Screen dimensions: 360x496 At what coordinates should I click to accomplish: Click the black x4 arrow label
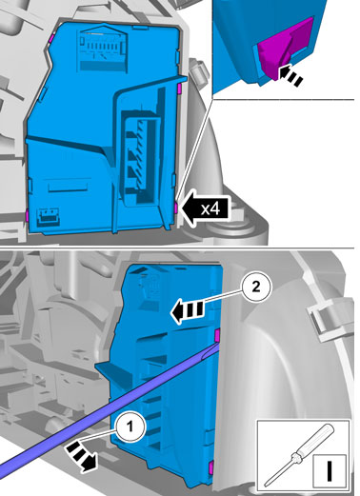click(x=205, y=208)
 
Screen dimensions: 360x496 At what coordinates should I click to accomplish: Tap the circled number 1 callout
click(x=130, y=427)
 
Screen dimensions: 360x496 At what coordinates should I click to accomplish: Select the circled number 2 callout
click(x=256, y=288)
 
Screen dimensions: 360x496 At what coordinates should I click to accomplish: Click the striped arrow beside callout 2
click(x=187, y=311)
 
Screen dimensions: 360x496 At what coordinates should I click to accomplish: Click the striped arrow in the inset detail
click(x=290, y=74)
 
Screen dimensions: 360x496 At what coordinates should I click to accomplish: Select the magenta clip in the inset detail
click(x=284, y=47)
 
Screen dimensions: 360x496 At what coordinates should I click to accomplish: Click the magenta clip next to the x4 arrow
click(x=176, y=208)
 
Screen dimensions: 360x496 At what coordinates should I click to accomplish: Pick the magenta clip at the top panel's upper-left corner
click(x=50, y=38)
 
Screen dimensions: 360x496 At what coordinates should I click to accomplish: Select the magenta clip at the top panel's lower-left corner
click(x=28, y=216)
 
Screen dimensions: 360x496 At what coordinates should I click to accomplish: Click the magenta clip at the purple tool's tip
click(x=217, y=335)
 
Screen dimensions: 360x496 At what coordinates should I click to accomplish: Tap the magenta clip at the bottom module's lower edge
click(x=210, y=467)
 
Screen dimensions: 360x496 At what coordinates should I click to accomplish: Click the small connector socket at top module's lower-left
click(x=48, y=216)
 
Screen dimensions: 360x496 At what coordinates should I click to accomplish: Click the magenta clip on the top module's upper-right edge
click(x=179, y=89)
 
